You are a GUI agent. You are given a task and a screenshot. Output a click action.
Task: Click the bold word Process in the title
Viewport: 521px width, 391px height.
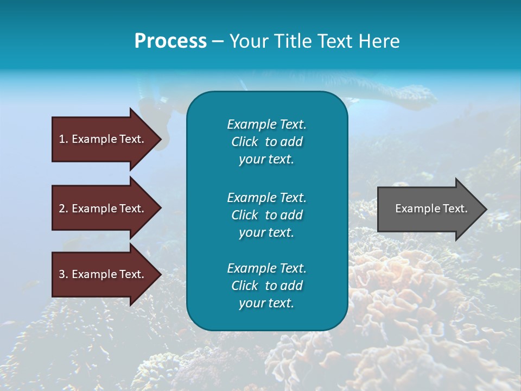point(170,41)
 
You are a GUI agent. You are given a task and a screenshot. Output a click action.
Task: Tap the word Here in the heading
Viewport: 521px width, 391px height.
point(378,41)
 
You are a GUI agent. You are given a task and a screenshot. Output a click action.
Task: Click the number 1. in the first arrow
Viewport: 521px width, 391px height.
point(63,139)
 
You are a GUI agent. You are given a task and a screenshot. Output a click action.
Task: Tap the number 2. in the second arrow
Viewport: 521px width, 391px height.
point(63,209)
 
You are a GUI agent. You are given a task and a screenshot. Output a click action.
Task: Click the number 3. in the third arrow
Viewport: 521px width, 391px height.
point(63,274)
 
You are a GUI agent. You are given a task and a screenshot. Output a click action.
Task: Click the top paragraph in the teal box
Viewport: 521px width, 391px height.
point(266,142)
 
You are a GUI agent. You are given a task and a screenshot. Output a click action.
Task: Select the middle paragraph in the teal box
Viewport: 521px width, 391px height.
point(266,215)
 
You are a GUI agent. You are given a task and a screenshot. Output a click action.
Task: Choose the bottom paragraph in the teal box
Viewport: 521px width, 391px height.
point(266,285)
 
